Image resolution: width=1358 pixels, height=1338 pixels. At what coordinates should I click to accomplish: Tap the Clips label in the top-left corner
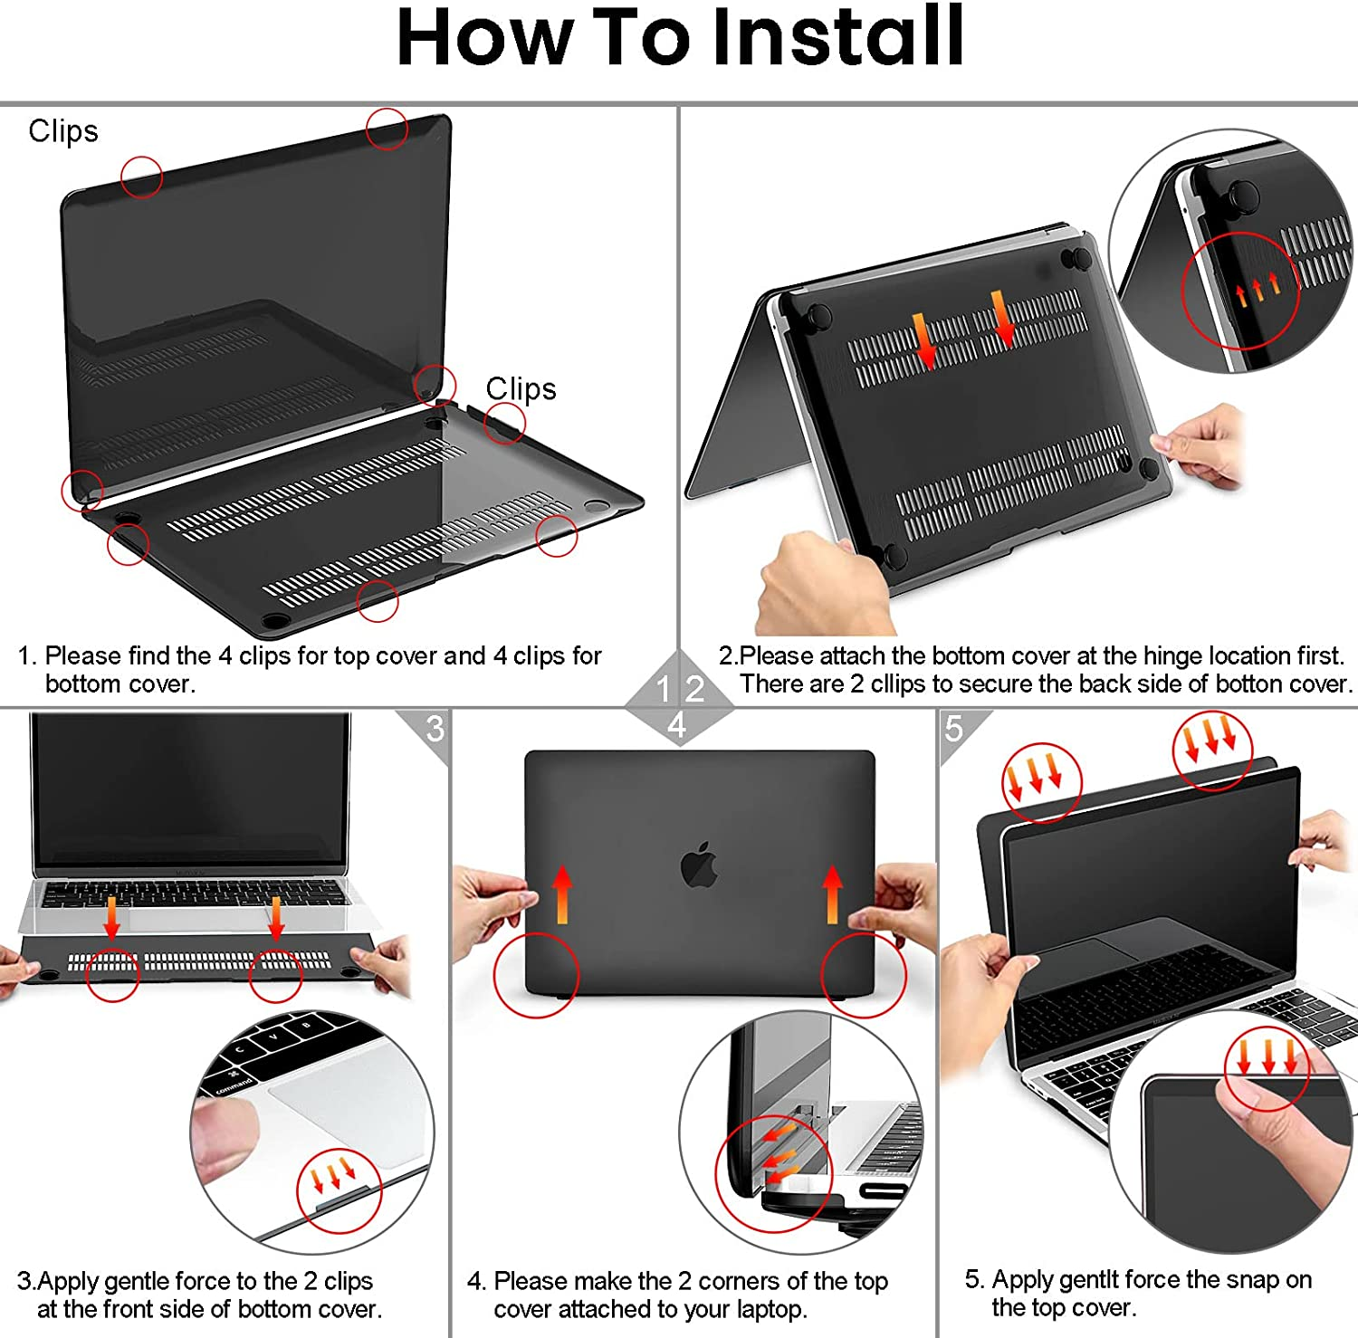tap(63, 131)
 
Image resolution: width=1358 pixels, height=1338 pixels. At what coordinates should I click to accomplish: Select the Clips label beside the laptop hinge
tap(521, 388)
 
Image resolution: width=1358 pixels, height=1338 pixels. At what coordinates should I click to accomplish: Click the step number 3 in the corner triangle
tap(435, 728)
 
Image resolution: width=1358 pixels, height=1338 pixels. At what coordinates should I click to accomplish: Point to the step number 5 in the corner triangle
tap(954, 728)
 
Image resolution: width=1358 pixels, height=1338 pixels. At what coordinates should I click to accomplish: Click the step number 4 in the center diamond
tap(676, 725)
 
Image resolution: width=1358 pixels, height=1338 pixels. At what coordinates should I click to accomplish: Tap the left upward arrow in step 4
tap(562, 894)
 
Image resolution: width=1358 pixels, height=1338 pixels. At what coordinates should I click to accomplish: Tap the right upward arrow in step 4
tap(833, 894)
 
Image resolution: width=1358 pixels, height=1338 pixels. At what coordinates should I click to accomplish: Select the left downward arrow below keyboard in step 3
tap(111, 917)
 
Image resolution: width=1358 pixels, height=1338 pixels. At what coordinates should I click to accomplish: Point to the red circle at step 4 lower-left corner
tap(536, 975)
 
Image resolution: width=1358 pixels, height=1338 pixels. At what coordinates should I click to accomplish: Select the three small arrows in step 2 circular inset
tap(1258, 291)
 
